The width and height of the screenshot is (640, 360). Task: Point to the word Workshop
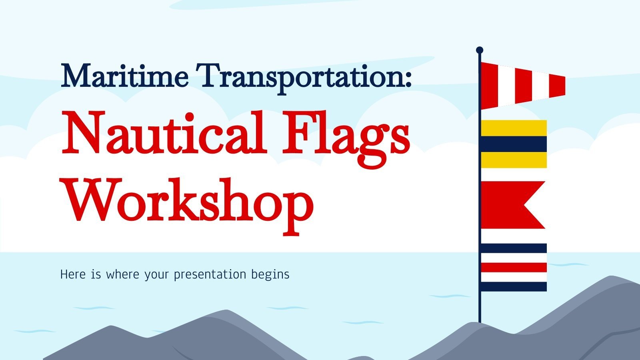click(x=188, y=202)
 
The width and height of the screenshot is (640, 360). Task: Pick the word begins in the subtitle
click(x=270, y=275)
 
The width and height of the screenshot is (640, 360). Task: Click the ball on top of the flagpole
click(x=480, y=50)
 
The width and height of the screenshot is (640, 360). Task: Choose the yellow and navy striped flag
click(x=514, y=144)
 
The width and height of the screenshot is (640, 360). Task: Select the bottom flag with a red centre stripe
click(x=514, y=267)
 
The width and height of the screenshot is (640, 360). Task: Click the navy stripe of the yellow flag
click(x=514, y=144)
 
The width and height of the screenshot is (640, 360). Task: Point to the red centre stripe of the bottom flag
click(x=514, y=267)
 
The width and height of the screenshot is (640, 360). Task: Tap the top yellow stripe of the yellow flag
click(x=514, y=128)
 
